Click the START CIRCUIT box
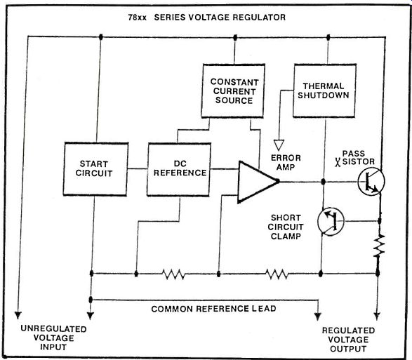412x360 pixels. coord(95,169)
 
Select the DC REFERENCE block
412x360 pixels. coord(179,170)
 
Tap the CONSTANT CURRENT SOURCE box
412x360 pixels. coord(233,91)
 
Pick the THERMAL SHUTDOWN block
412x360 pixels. coord(324,91)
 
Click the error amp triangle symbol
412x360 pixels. coord(258,182)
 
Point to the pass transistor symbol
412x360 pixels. coord(371,182)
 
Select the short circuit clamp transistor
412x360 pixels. coord(331,221)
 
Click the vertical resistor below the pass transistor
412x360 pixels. coord(379,246)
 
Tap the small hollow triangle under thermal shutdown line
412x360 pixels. coord(279,145)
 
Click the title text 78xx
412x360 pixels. coord(137,18)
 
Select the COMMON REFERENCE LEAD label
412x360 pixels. coord(213,309)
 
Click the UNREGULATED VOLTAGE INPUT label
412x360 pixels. coord(53,338)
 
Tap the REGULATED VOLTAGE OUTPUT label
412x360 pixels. coord(348,340)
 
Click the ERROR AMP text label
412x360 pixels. coord(286,162)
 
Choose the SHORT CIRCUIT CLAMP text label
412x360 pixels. coord(286,227)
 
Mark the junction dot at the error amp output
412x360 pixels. coord(324,182)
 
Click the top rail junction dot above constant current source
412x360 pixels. coord(235,37)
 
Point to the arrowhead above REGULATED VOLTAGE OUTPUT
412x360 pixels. coord(377,316)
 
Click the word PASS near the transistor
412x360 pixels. coord(354,153)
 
